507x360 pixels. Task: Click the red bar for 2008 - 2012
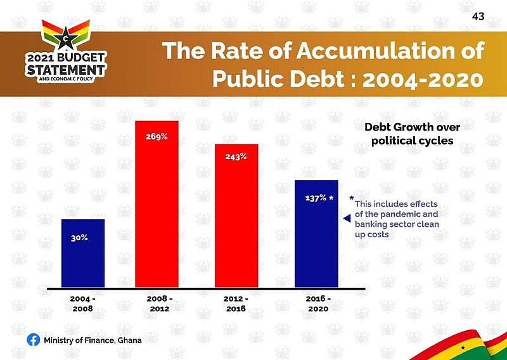coord(157,204)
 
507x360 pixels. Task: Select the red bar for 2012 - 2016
coord(236,215)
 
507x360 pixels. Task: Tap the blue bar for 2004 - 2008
coord(83,254)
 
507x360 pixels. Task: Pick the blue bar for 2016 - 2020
coord(316,234)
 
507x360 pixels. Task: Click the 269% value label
coord(157,136)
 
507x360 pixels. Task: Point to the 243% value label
coord(236,157)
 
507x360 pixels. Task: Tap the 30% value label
coord(79,238)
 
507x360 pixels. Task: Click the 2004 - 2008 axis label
coord(83,304)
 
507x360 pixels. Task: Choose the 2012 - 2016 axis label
coord(236,304)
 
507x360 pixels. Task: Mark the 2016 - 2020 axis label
coord(318,304)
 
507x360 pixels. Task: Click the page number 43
coord(478,16)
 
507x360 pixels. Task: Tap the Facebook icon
coord(34,340)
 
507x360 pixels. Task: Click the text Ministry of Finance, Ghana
coord(93,340)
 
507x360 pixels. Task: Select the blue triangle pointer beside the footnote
coord(347,219)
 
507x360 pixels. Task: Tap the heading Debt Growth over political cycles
coord(413,134)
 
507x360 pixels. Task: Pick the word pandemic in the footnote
coord(409,214)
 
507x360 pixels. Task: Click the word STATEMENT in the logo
coord(66,70)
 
